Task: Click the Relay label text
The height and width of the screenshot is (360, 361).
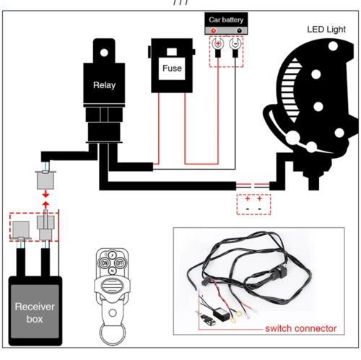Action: click(x=104, y=85)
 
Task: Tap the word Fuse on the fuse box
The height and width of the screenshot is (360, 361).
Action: click(x=172, y=69)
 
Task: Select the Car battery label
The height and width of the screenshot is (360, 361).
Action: click(x=226, y=19)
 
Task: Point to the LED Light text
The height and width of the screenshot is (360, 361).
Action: click(x=326, y=30)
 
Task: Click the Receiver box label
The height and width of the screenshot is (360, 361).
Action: click(x=35, y=312)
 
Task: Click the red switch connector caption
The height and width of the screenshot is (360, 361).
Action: click(x=300, y=328)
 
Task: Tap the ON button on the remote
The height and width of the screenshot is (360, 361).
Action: click(x=105, y=263)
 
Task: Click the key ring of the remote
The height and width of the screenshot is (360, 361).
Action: click(x=113, y=334)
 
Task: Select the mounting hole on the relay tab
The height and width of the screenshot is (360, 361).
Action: click(x=104, y=53)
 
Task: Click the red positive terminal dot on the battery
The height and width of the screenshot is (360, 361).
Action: click(x=213, y=30)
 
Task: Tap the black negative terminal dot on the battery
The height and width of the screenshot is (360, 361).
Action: click(x=239, y=30)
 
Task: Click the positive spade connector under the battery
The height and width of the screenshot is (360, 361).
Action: click(x=218, y=48)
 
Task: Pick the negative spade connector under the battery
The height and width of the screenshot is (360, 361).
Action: click(x=235, y=48)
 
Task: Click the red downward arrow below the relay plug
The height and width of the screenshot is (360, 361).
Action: click(x=45, y=194)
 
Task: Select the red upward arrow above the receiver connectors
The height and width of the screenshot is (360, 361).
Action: click(x=45, y=205)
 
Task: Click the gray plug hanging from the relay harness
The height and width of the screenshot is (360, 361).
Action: click(x=45, y=180)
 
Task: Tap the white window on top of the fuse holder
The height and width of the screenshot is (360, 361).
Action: click(x=172, y=51)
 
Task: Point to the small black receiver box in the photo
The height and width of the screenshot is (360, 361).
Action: click(x=221, y=314)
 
